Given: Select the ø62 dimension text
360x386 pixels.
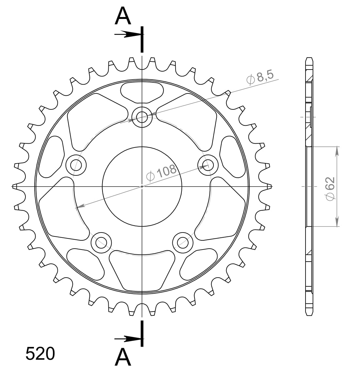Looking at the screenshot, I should (330, 187).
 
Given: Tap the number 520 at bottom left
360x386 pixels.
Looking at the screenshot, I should (40, 354).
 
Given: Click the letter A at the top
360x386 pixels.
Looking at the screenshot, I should (123, 17).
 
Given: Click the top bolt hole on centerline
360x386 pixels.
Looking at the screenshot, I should (142, 116).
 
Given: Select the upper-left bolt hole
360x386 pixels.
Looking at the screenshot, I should (76, 164).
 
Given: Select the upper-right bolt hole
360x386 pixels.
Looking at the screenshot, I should (208, 164).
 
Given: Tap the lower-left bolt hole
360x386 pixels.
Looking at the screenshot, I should (101, 242).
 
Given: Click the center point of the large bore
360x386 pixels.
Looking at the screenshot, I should (142, 186).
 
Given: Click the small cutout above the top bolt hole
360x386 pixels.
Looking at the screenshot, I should (142, 91).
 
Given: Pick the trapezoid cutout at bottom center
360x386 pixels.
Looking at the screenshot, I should (142, 269).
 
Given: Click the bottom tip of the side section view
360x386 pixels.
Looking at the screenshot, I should (309, 315).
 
